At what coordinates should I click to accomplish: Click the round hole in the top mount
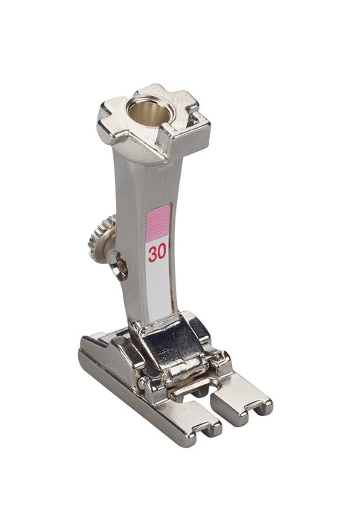pyautogui.click(x=148, y=112)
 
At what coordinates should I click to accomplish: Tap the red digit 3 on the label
pyautogui.click(x=152, y=255)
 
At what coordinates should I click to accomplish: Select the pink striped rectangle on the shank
pyautogui.click(x=158, y=223)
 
